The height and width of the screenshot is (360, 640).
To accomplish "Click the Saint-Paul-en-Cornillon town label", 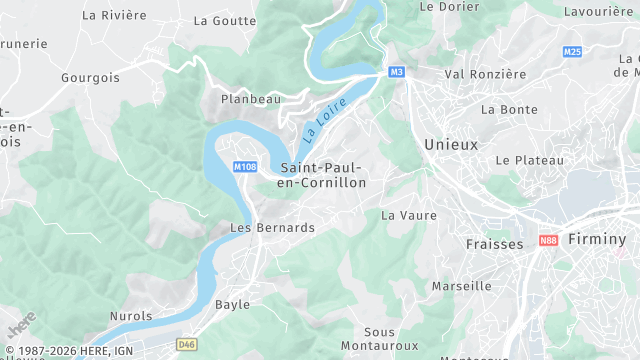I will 323,175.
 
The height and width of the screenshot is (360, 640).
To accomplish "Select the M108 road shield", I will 245,166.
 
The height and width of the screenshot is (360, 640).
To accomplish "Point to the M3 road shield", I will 397,72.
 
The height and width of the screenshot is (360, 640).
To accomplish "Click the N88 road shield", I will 547,241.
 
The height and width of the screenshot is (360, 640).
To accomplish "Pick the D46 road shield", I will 186,344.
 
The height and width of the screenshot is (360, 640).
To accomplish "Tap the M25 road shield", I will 572,51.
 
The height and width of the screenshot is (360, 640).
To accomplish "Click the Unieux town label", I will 451,144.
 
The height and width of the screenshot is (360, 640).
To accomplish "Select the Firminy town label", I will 596,239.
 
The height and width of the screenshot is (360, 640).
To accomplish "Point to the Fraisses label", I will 494,244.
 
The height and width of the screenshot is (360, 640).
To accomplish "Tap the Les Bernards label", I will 272,228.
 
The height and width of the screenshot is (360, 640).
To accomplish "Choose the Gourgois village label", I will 90,77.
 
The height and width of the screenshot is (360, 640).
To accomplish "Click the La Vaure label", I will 409,215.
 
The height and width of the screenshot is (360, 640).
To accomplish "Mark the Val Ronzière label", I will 485,74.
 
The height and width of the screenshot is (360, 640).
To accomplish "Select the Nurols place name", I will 131,316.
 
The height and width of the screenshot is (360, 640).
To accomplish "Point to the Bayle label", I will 232,304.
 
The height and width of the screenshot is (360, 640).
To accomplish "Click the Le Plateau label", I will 530,160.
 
